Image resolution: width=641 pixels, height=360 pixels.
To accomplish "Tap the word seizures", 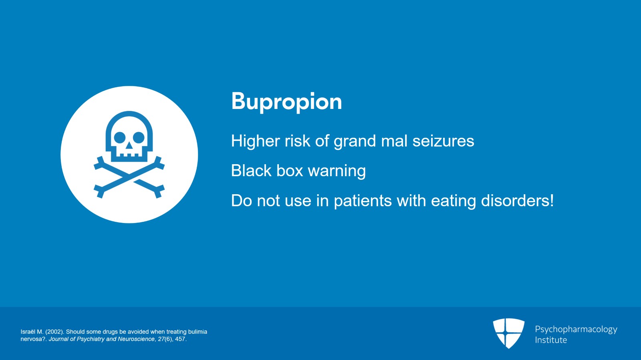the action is [x=443, y=141].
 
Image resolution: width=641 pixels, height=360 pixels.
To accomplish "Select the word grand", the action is [x=355, y=141].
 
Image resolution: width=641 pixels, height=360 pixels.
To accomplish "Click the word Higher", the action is [x=255, y=141].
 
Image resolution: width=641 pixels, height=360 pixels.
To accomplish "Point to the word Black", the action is [x=251, y=171].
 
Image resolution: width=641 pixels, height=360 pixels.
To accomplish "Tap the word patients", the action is [x=363, y=201].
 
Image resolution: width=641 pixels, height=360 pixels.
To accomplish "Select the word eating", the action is [x=453, y=201].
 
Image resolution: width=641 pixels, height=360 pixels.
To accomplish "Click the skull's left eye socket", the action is [x=120, y=137].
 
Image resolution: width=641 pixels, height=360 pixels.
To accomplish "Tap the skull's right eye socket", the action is [x=139, y=137].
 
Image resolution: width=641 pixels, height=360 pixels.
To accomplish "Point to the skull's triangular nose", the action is [x=129, y=145].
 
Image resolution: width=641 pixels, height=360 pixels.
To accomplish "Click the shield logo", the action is [x=508, y=333].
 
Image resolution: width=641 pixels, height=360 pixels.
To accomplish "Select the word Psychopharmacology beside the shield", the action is [x=576, y=330].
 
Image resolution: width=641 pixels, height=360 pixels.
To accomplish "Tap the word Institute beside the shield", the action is [x=551, y=340].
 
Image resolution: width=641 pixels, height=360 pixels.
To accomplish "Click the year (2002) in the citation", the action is [x=54, y=332].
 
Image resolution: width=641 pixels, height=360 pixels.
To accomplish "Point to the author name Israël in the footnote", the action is [x=28, y=332].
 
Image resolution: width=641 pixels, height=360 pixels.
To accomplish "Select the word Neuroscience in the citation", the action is [x=136, y=339].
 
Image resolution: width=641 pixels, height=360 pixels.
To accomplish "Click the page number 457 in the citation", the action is [x=180, y=339].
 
